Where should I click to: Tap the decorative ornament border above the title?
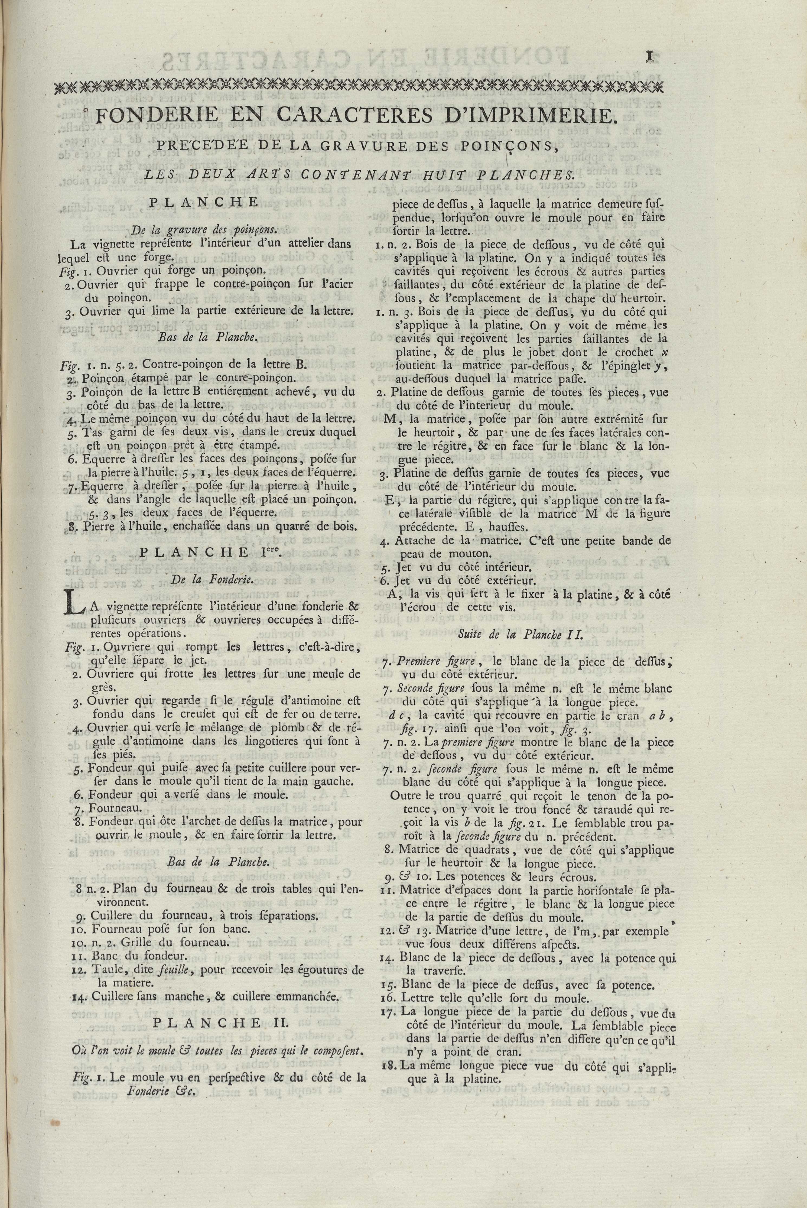[360, 86]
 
